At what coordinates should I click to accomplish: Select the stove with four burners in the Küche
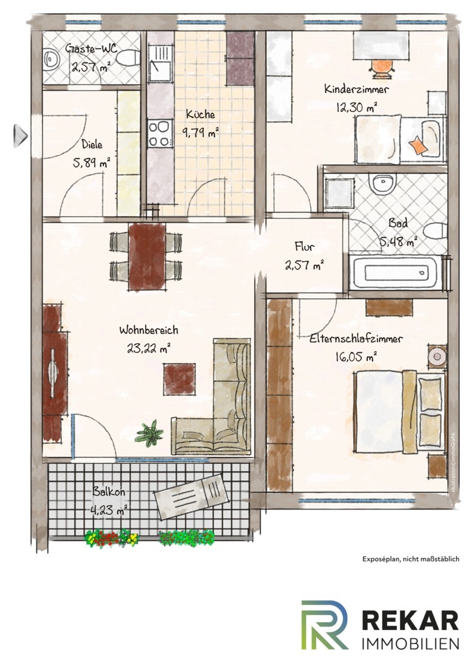tap(160, 134)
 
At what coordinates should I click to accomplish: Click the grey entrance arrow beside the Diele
tap(20, 136)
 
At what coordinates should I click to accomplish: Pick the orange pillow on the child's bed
tap(417, 145)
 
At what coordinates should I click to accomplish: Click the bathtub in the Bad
tap(397, 272)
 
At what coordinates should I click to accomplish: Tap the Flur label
tap(304, 246)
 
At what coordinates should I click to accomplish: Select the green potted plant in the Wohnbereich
tap(150, 433)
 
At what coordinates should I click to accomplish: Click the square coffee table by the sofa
tap(179, 379)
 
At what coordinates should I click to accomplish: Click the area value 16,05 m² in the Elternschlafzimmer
tap(356, 357)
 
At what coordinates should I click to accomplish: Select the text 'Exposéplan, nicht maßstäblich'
tap(410, 559)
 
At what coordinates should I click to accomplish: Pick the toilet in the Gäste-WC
tap(128, 57)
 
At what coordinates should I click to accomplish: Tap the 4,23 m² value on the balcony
tap(108, 510)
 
